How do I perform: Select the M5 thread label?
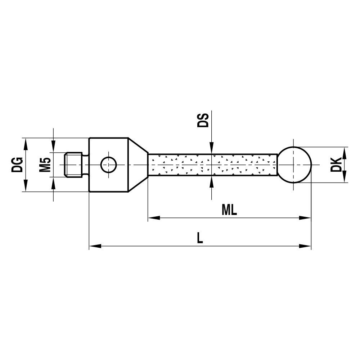pyautogui.click(x=45, y=165)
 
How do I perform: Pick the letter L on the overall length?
pyautogui.click(x=200, y=238)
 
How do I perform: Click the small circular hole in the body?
pyautogui.click(x=108, y=165)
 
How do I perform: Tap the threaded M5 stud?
pyautogui.click(x=74, y=165)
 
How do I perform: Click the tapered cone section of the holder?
pyautogui.click(x=138, y=165)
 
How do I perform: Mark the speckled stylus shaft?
pyautogui.click(x=212, y=165)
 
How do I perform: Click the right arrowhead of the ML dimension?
pyautogui.click(x=306, y=218)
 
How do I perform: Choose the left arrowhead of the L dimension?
pyautogui.click(x=94, y=246)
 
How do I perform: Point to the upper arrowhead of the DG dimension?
pyautogui.click(x=26, y=143)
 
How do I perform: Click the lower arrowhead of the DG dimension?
pyautogui.click(x=26, y=186)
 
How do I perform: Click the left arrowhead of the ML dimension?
pyautogui.click(x=153, y=218)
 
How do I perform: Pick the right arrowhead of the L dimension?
pyautogui.click(x=306, y=246)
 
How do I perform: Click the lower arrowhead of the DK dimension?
pyautogui.click(x=344, y=177)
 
